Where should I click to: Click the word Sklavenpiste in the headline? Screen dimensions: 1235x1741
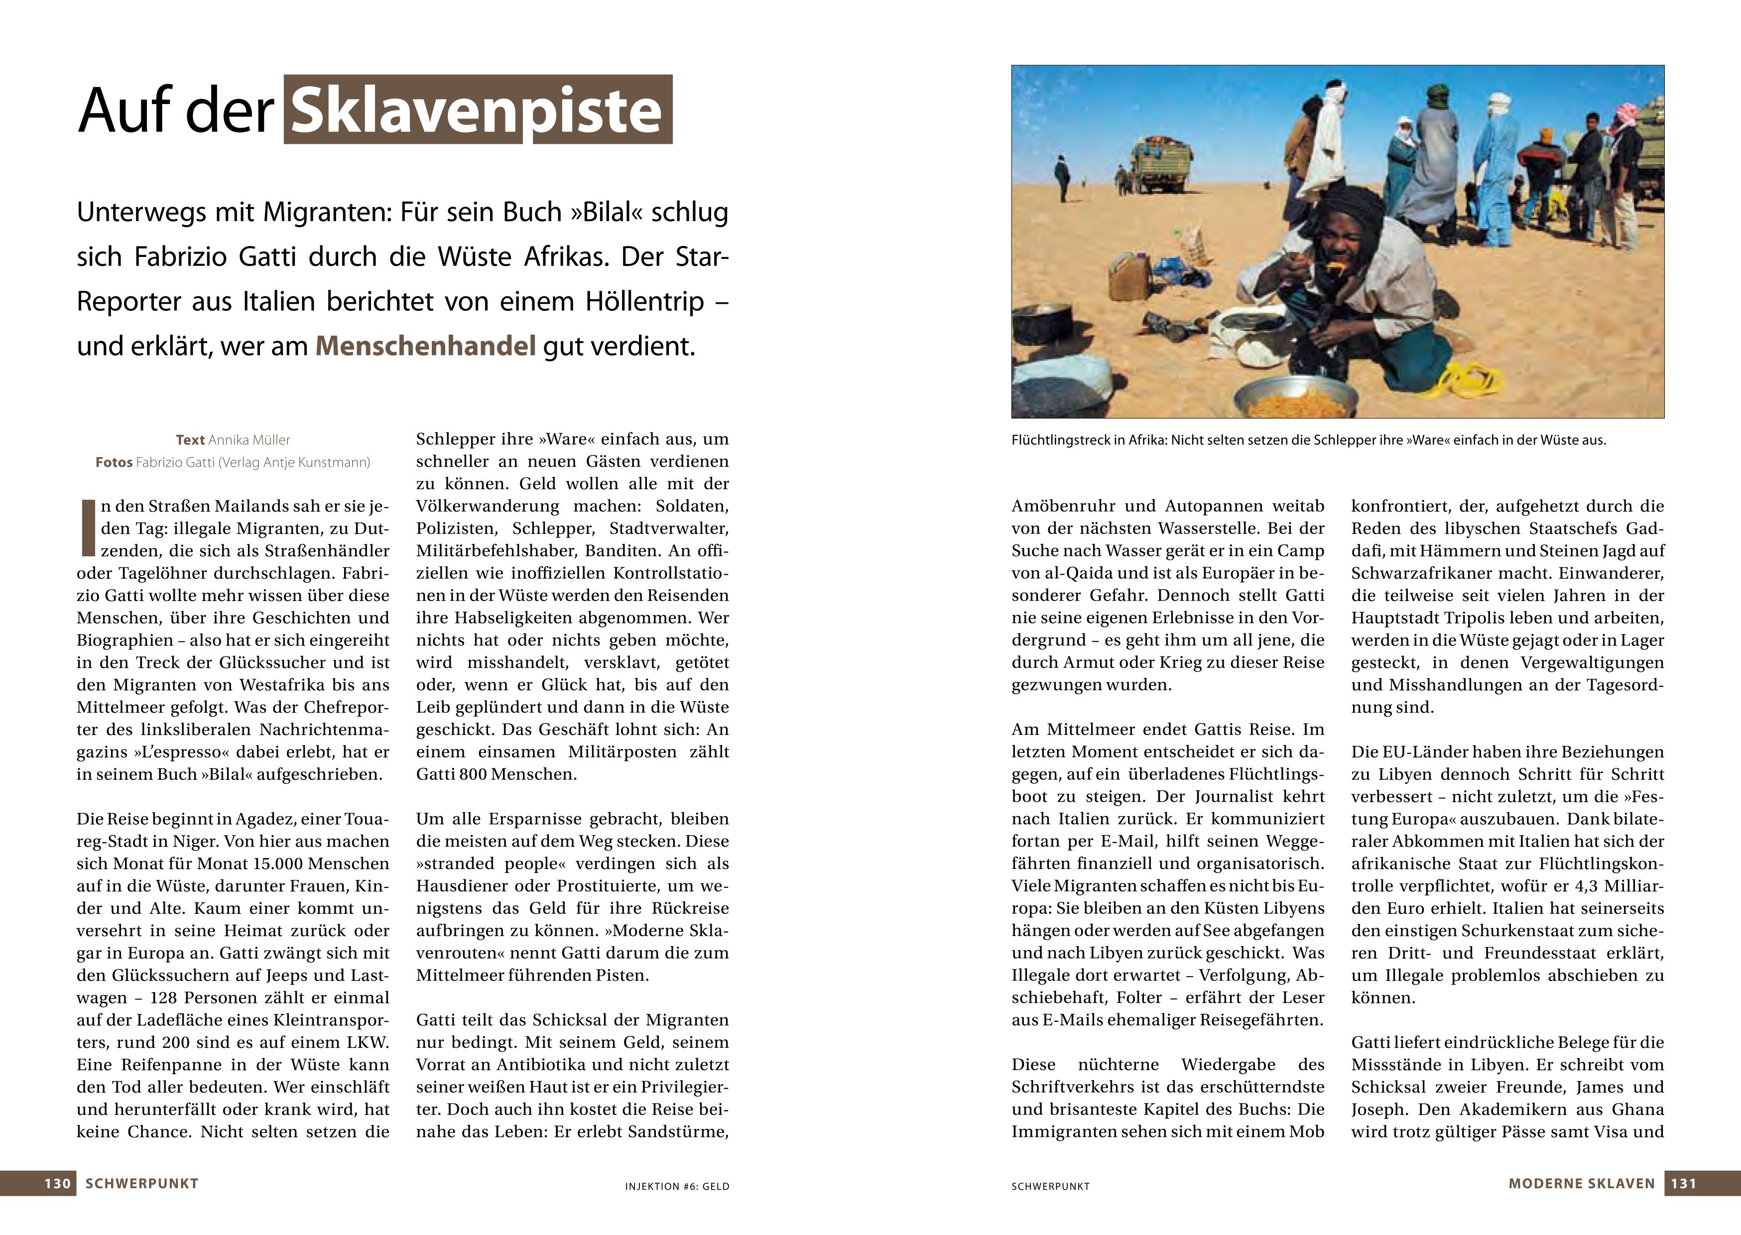coord(478,110)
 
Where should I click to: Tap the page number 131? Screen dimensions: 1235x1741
coord(1683,1183)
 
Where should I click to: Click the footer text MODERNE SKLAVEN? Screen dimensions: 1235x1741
coord(1581,1183)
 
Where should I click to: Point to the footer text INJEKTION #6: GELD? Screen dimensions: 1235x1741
coord(677,1186)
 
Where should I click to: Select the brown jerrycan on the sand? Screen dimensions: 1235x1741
coord(1130,276)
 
